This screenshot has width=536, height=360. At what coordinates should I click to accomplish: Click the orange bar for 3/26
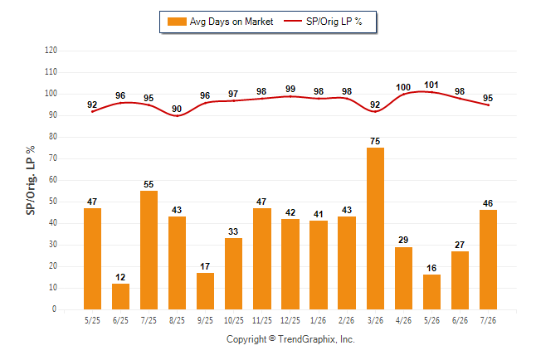(375, 228)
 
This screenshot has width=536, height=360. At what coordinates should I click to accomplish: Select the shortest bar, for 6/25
(120, 296)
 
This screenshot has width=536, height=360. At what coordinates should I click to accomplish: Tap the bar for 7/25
(149, 250)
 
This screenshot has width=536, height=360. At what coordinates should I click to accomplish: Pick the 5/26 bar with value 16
(431, 292)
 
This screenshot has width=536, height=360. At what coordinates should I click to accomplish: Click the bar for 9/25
(205, 291)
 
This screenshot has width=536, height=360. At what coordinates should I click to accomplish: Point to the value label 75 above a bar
(375, 141)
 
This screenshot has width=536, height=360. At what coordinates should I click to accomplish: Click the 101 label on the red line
(431, 85)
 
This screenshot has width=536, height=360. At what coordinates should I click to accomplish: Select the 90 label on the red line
(177, 109)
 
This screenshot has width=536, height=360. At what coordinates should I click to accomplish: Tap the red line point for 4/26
(403, 94)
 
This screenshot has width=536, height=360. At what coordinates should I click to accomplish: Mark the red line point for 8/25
(177, 115)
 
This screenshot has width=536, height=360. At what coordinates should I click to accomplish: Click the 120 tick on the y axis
(51, 51)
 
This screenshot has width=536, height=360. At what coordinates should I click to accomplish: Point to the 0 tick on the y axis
(54, 309)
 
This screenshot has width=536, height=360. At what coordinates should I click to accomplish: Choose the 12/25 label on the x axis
(290, 320)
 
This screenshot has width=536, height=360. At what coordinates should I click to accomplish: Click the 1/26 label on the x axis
(319, 320)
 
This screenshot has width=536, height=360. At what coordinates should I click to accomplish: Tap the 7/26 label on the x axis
(488, 320)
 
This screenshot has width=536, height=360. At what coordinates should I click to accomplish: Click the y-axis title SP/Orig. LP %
(31, 180)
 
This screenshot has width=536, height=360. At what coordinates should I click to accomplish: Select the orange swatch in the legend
(177, 22)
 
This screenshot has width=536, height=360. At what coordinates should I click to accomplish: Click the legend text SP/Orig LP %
(334, 22)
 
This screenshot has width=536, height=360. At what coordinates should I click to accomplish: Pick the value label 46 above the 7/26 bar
(488, 203)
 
